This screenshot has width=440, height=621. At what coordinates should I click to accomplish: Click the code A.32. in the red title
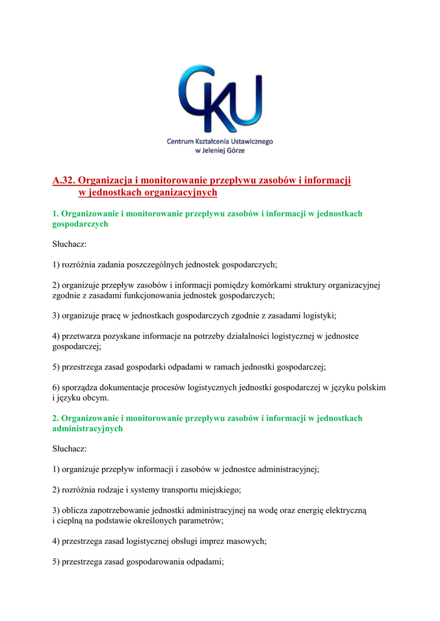pos(64,180)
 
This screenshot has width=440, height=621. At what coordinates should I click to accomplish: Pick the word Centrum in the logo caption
pos(181,141)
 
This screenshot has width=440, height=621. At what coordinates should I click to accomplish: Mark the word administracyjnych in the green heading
pos(87,428)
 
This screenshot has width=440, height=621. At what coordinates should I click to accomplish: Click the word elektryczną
pos(350,511)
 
